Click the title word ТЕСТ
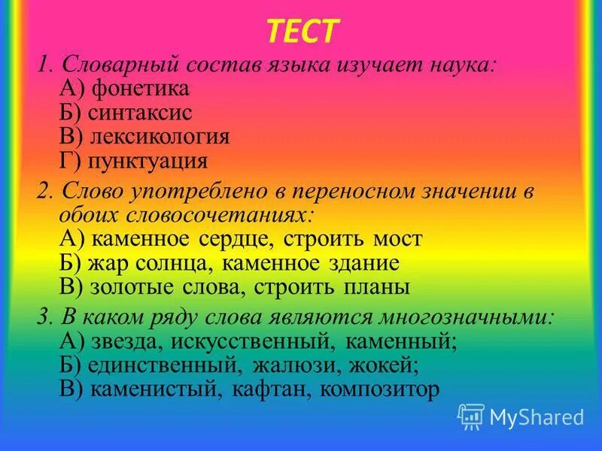[x=303, y=31]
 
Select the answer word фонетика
[x=140, y=89]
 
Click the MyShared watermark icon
[x=471, y=416]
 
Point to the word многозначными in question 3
[x=472, y=317]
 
